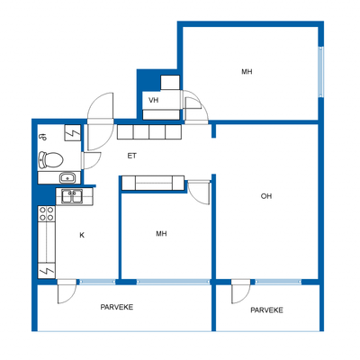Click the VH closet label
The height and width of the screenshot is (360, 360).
(x=153, y=100)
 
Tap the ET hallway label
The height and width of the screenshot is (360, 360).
(x=132, y=156)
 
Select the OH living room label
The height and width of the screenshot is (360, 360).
(x=266, y=196)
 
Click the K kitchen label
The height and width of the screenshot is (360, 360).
(x=82, y=235)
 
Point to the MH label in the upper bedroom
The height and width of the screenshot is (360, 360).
(x=247, y=72)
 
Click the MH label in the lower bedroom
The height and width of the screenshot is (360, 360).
(x=161, y=233)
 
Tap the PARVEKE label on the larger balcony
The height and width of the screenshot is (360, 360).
(x=117, y=307)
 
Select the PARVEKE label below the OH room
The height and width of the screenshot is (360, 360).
(x=266, y=310)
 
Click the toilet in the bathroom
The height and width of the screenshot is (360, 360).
(x=50, y=159)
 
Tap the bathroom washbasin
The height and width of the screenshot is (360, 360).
(x=68, y=178)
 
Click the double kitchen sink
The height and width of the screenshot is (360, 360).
(x=72, y=196)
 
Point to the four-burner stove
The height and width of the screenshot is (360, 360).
(x=47, y=213)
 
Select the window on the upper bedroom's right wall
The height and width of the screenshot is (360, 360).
(x=321, y=72)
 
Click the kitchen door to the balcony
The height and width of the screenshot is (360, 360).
(x=67, y=292)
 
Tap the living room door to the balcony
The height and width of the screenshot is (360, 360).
(x=240, y=292)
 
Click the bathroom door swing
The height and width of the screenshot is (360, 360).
(x=91, y=161)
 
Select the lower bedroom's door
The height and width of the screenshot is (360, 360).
(x=198, y=192)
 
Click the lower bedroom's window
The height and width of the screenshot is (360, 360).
(x=174, y=282)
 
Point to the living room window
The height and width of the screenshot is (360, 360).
(x=278, y=282)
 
